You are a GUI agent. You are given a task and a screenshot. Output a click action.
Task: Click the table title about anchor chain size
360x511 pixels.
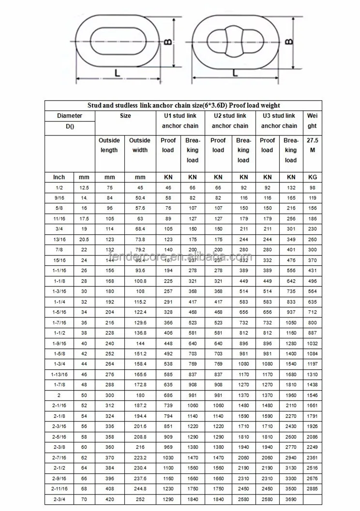(x=183, y=105)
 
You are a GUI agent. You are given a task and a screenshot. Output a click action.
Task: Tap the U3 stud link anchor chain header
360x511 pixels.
(x=278, y=121)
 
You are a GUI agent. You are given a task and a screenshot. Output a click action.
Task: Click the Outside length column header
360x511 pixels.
(x=109, y=145)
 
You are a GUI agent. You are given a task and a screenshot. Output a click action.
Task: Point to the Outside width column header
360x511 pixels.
(x=140, y=145)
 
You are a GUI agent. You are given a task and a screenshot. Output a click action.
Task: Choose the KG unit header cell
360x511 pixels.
(x=312, y=177)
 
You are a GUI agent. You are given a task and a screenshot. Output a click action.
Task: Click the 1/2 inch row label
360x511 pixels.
(x=59, y=187)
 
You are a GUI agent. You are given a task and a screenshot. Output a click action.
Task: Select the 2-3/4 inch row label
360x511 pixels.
(x=59, y=499)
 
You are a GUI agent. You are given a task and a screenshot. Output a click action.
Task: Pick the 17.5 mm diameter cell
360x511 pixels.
(x=84, y=218)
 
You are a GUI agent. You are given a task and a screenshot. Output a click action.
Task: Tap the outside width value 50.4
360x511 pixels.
(x=140, y=198)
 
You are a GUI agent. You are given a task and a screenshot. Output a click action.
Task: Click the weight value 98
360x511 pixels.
(x=312, y=187)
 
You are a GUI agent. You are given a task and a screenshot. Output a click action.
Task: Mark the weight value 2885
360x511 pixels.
(x=312, y=489)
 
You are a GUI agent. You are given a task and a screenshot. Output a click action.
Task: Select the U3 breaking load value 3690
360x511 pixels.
(x=290, y=499)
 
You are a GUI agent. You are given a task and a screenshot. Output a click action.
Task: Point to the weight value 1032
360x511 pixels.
(x=312, y=343)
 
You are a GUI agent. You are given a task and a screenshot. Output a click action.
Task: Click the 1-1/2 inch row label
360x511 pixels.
(x=59, y=333)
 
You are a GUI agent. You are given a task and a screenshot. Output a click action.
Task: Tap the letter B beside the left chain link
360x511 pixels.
(x=167, y=43)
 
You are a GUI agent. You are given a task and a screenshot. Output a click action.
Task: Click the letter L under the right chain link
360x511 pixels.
(x=235, y=73)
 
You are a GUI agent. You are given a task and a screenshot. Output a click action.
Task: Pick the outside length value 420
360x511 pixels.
(x=109, y=499)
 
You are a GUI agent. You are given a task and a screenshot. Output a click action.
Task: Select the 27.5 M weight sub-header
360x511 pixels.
(x=312, y=145)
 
